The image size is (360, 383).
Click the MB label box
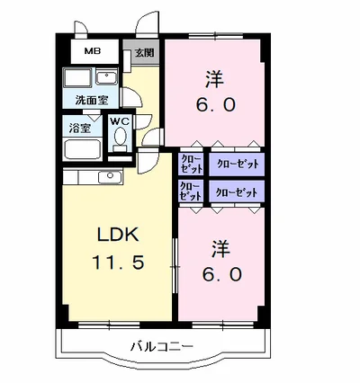click(93, 52)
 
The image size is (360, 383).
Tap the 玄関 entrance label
click(144, 54)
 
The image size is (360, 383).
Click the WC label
click(120, 120)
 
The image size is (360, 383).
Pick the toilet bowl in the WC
click(120, 139)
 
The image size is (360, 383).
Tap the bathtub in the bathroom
click(85, 150)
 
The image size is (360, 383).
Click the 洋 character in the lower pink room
click(220, 246)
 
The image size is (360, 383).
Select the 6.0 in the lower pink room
click(221, 274)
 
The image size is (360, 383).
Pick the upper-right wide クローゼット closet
click(236, 164)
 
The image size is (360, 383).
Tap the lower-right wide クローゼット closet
click(236, 191)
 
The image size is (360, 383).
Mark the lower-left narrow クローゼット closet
click(191, 191)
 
